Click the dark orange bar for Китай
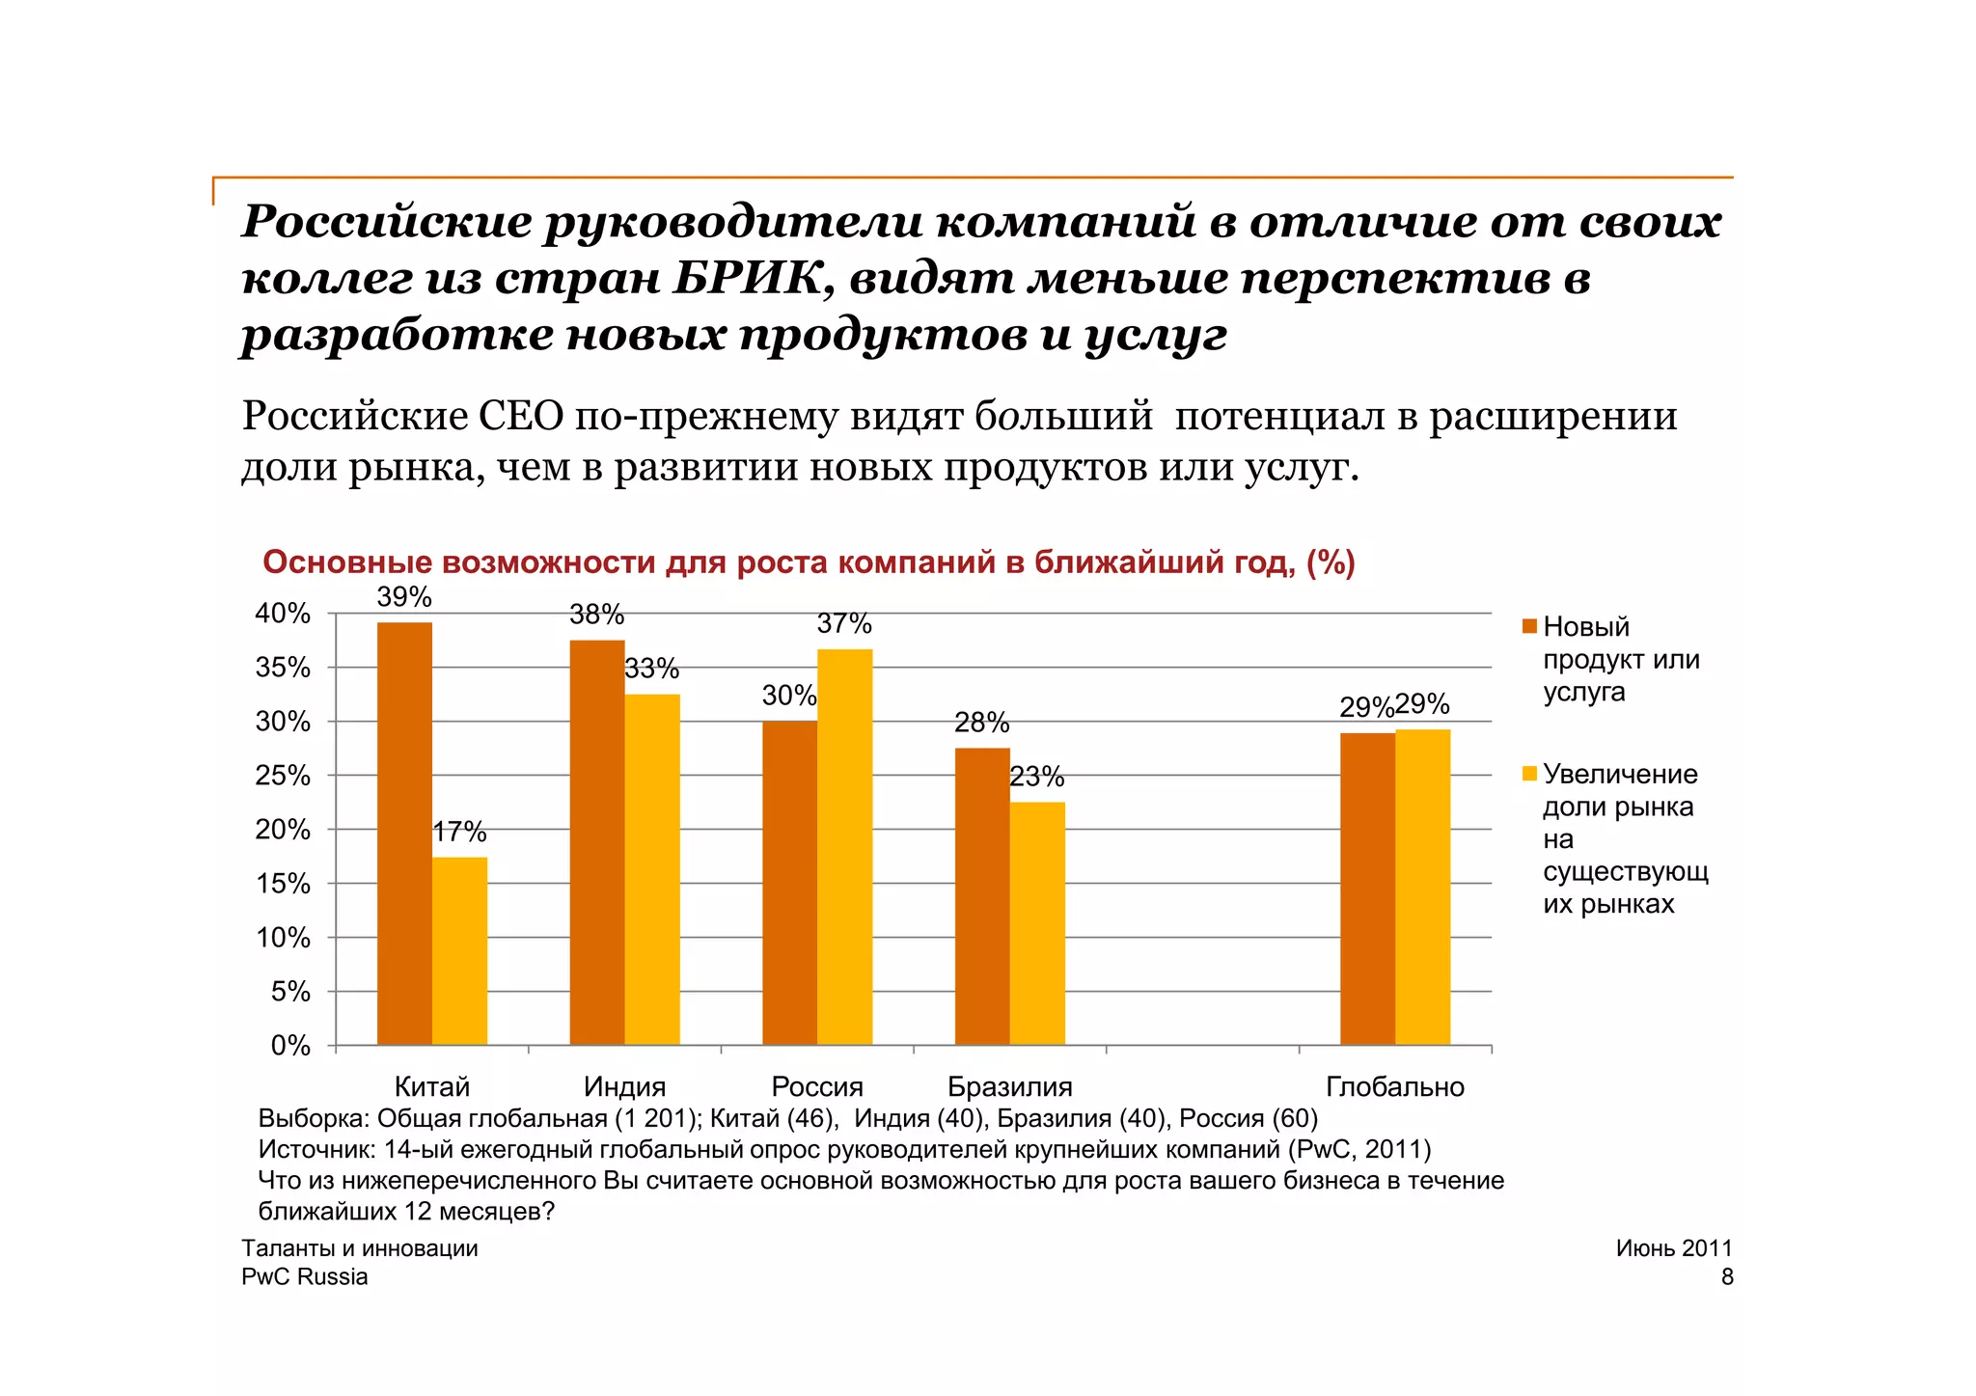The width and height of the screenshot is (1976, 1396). click(404, 834)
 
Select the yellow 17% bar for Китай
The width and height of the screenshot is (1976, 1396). click(459, 950)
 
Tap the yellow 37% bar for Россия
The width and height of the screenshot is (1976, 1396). click(844, 846)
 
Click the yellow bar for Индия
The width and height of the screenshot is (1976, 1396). click(652, 868)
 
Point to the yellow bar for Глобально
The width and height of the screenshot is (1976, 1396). click(1422, 887)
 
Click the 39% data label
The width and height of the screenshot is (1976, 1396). click(404, 597)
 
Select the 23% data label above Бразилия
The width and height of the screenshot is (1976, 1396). click(1037, 777)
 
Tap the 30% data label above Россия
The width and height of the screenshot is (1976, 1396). click(789, 696)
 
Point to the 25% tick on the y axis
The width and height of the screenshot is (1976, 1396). click(283, 776)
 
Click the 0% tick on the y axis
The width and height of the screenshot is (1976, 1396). click(290, 1046)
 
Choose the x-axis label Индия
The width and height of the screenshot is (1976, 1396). click(624, 1087)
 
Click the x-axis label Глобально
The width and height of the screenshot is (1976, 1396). click(1394, 1087)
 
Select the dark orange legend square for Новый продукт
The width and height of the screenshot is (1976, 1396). click(1529, 626)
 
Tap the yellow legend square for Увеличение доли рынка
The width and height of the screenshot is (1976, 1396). click(1529, 774)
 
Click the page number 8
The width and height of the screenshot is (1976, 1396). click(1726, 1276)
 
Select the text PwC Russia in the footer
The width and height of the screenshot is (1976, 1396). click(305, 1276)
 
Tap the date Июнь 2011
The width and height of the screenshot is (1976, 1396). click(1674, 1248)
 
